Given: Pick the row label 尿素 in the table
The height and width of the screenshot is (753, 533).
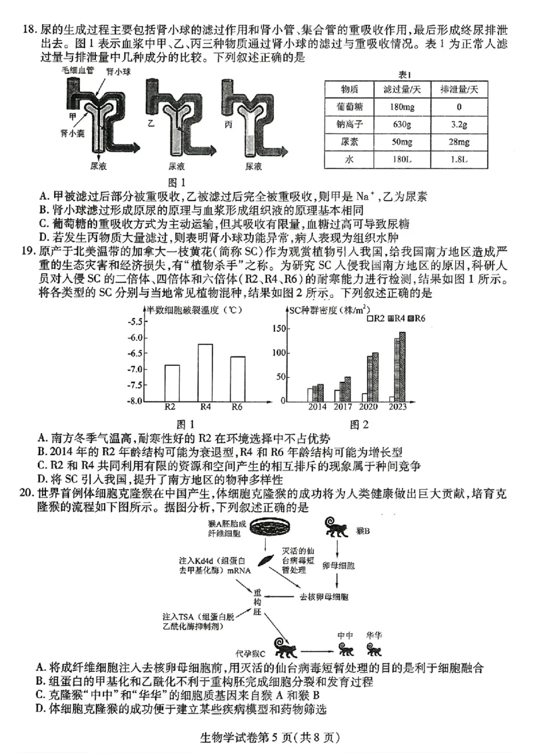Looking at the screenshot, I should (350, 141).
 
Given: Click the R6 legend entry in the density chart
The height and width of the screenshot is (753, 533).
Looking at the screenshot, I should (416, 319).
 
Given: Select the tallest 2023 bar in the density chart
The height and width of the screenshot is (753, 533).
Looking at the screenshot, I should (402, 367).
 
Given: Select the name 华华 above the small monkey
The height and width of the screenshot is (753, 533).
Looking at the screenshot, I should (374, 634).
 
